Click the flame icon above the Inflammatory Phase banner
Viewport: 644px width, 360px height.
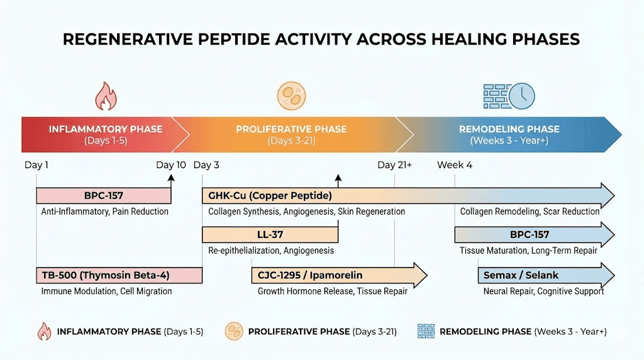coord(106,96)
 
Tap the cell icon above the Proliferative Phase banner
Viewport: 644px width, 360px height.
coord(291,96)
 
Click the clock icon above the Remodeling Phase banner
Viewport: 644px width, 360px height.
coord(521,96)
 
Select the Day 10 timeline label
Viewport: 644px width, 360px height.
coord(171,166)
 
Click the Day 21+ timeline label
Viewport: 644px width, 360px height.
coord(395,166)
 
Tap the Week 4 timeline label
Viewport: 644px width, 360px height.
coord(455,166)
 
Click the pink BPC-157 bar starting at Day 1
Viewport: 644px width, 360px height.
coord(103,196)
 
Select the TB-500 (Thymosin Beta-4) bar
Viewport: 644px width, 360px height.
coord(119,275)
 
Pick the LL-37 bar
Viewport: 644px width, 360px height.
coord(270,235)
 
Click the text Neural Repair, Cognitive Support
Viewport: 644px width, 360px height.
coord(543,291)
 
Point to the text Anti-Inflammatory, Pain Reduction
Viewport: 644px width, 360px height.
coord(104,211)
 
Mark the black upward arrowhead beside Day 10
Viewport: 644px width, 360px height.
coord(170,178)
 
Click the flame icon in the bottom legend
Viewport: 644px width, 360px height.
coord(45,331)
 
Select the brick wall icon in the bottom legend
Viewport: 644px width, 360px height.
coord(426,331)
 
